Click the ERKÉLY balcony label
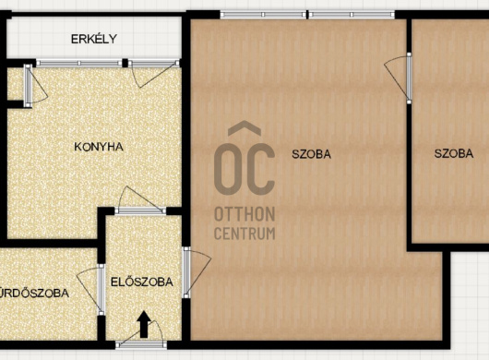point(94,39)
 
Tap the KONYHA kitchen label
point(99,147)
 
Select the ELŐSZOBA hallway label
point(142,282)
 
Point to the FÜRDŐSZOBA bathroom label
point(34,293)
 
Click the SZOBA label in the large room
point(311,154)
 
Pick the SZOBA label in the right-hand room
point(454,153)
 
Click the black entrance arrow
point(144,324)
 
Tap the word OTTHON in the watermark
point(244,214)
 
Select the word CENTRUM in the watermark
point(244,234)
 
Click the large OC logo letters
point(244,169)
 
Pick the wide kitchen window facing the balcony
point(79,63)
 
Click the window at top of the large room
point(307,15)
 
